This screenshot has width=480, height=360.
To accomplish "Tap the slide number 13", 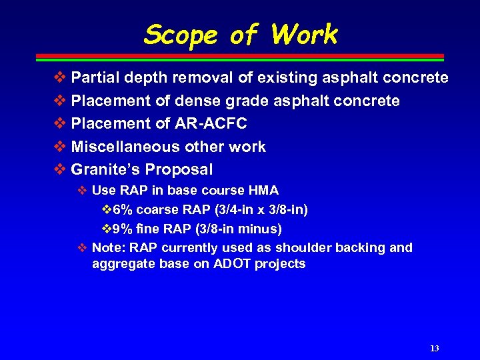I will click(434, 349).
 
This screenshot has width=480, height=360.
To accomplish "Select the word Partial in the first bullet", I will click(95, 78).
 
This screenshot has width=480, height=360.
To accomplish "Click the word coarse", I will click(154, 210).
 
